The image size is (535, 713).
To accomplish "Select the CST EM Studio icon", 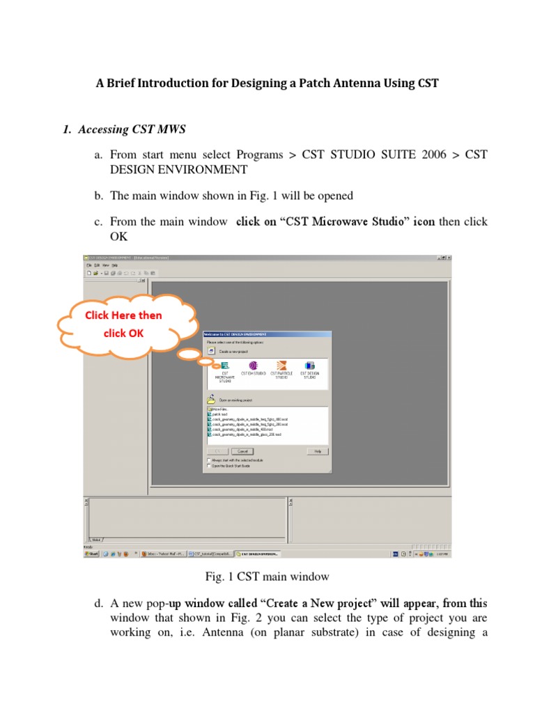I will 253,366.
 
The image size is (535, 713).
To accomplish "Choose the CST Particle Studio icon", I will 281,366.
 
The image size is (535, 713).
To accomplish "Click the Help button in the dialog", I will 317,451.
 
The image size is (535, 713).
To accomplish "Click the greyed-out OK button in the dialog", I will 217,451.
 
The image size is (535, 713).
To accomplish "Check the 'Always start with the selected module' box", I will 210,460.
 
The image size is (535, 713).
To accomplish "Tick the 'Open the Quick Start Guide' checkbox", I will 210,466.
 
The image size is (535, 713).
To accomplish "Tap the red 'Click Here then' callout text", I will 123,315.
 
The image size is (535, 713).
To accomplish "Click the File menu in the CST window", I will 88,265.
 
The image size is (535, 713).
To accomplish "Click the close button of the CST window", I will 447,258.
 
